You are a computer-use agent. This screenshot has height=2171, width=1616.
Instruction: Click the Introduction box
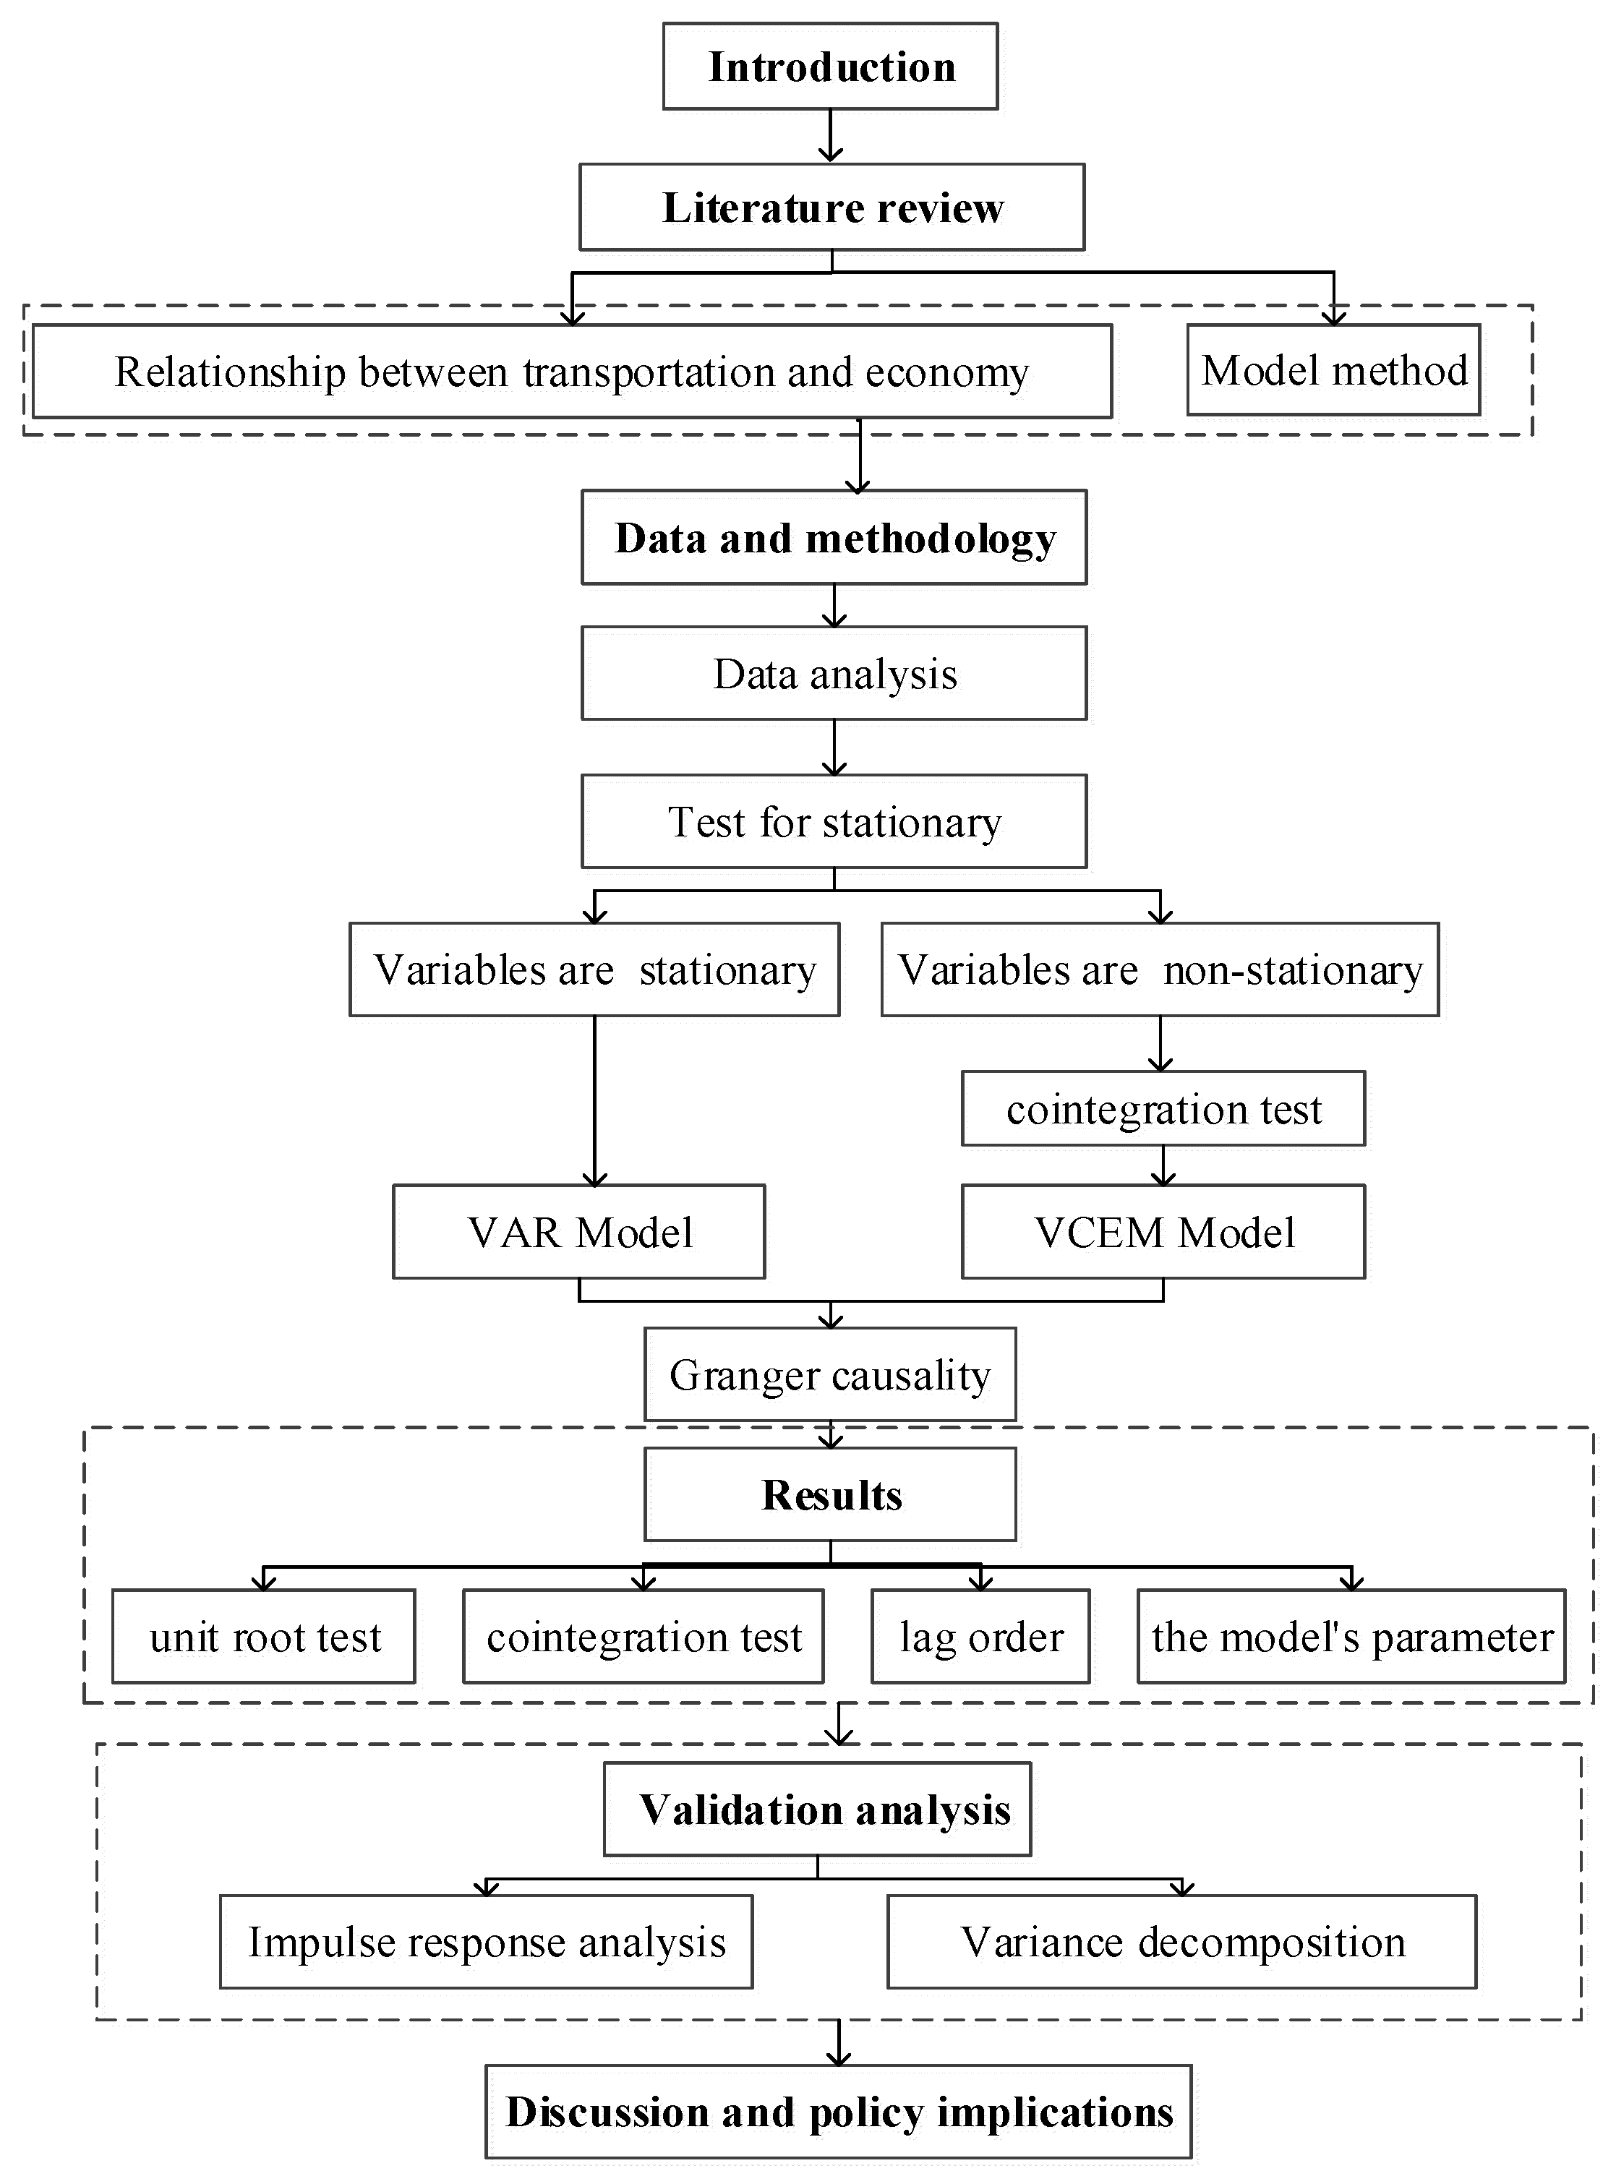831,67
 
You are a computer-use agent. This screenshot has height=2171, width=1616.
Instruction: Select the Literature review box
831,207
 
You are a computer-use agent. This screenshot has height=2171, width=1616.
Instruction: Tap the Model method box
1333,371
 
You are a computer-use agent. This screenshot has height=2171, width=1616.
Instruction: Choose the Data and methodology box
834,538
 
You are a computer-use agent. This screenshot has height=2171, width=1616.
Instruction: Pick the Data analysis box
834,674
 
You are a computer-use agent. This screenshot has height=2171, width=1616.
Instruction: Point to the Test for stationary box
834,821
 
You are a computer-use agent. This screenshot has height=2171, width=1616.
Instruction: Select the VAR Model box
579,1232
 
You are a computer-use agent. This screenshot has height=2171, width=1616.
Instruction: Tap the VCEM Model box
1163,1232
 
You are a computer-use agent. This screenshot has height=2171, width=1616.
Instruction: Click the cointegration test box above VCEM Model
1163,1109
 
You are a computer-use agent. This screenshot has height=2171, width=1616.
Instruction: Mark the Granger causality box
829,1374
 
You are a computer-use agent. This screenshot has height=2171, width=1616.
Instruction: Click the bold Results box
829,1494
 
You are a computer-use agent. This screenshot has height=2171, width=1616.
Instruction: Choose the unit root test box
264,1637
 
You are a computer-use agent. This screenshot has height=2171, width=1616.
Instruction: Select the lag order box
980,1637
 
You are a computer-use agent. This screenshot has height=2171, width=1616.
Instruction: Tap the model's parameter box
1351,1637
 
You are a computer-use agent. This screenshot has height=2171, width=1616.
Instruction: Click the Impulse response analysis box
486,1942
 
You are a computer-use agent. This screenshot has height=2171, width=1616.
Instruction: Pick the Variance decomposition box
1181,1942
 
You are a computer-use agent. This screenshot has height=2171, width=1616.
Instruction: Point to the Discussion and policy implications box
838,2111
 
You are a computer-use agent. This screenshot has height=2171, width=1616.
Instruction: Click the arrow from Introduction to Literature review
831,136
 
